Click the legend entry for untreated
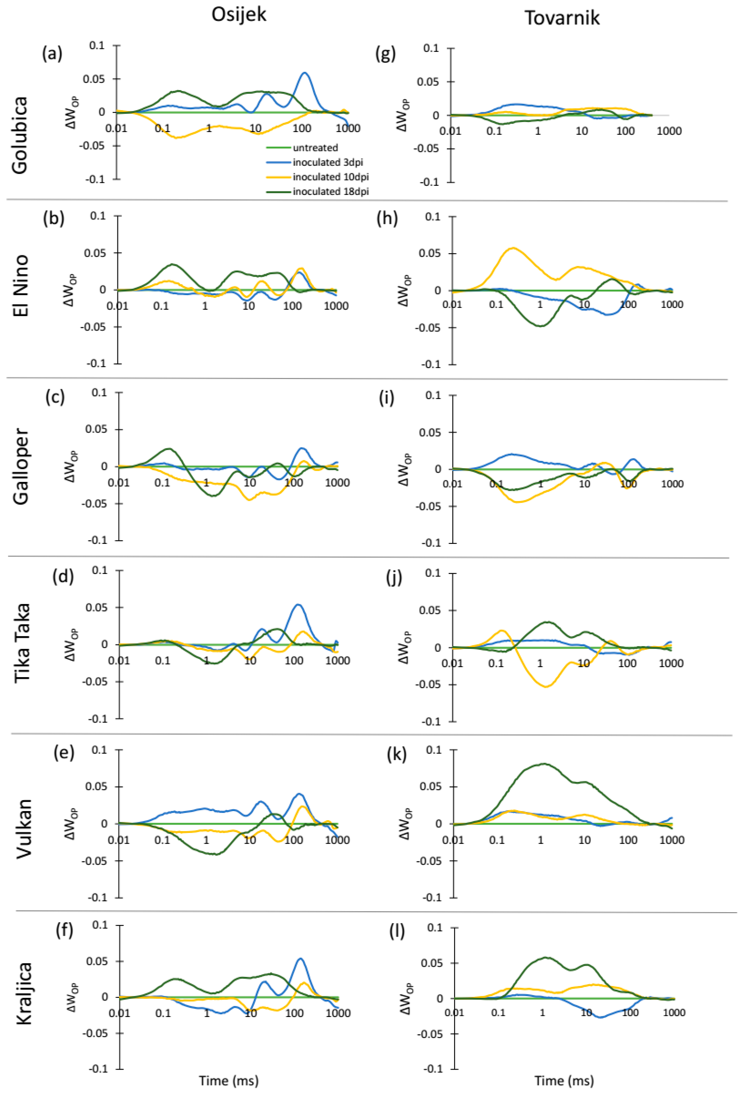315,148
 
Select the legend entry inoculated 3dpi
328,162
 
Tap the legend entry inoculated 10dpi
331,177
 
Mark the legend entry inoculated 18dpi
331,192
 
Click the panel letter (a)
52,54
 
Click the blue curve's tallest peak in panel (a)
305,73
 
